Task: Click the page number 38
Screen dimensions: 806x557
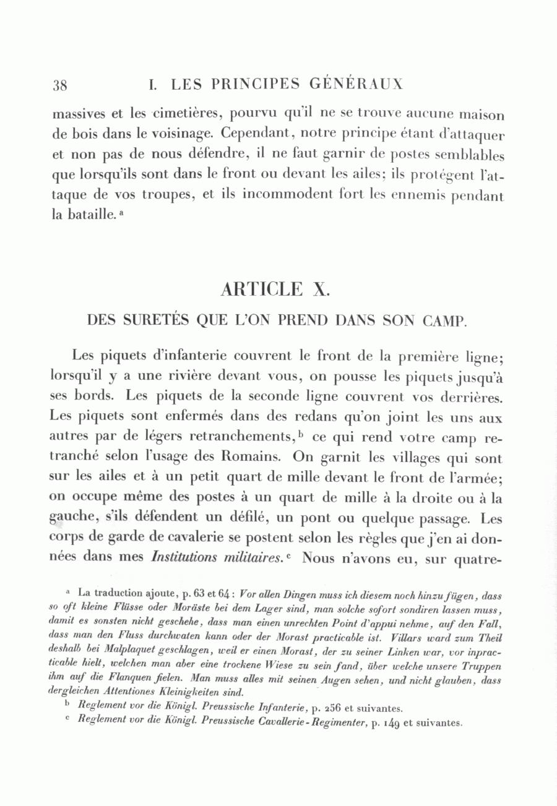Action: pos(60,86)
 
